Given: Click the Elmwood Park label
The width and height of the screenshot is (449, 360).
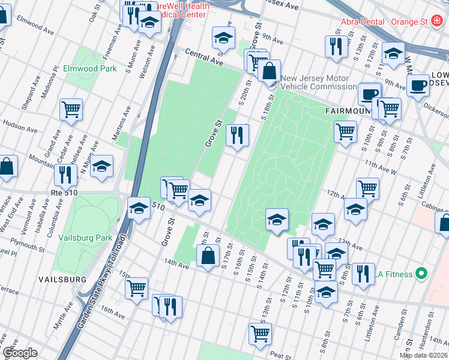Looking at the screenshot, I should [90, 68].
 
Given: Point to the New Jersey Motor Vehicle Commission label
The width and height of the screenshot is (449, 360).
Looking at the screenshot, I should [318, 82].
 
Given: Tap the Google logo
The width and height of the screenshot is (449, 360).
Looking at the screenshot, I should [20, 353].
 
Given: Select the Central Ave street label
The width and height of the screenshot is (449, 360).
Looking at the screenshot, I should [203, 58].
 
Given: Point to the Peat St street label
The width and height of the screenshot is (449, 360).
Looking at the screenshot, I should [280, 356].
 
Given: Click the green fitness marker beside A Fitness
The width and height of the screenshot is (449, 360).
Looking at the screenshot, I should [421, 274].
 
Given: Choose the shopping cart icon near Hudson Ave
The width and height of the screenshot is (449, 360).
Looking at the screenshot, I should [71, 109].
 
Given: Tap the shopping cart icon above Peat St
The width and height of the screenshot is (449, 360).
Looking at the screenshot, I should [260, 333].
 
